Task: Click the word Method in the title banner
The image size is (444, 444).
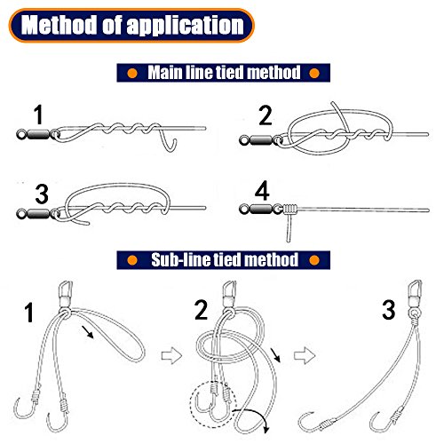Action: click(x=59, y=25)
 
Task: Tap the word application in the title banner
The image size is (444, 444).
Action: click(x=185, y=26)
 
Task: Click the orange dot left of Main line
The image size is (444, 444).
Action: click(x=132, y=73)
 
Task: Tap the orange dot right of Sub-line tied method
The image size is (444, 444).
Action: click(x=314, y=260)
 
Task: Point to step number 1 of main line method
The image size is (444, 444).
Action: click(x=38, y=115)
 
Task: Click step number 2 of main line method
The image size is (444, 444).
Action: click(x=265, y=115)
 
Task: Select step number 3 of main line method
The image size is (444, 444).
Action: click(x=42, y=194)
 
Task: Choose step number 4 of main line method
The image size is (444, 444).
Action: click(x=262, y=191)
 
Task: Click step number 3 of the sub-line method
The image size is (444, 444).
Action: click(x=388, y=310)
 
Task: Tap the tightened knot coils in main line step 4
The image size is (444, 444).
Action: click(x=289, y=210)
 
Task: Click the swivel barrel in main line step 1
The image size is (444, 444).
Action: click(x=38, y=135)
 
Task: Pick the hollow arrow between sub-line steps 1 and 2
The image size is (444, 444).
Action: click(x=171, y=356)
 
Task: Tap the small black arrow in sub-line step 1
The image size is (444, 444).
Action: click(x=88, y=332)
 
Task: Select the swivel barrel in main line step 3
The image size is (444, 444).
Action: click(x=38, y=213)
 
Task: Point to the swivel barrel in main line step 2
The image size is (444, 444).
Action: click(x=261, y=139)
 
